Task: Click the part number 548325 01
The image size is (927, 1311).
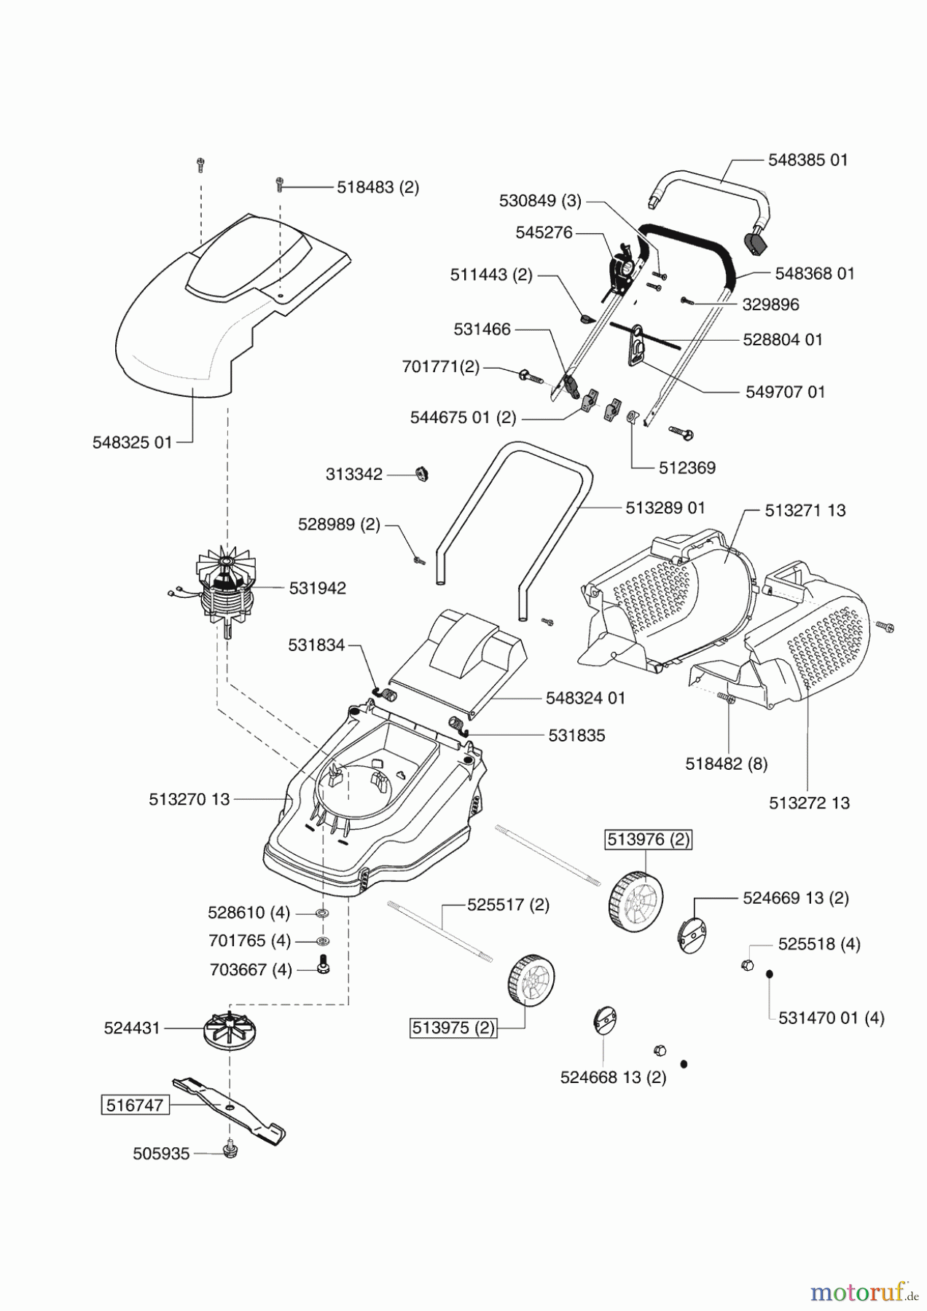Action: (133, 442)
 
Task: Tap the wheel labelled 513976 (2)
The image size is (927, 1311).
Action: (635, 897)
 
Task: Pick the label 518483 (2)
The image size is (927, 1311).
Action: (378, 187)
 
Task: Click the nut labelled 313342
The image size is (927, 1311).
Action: (422, 473)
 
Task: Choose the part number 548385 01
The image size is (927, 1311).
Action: (808, 160)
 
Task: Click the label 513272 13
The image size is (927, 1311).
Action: (810, 803)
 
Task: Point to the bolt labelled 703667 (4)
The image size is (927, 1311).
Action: (324, 964)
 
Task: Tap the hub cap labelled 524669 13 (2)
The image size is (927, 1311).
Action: (692, 935)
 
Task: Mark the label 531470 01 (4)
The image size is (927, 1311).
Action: (832, 1017)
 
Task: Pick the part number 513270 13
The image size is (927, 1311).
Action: (189, 799)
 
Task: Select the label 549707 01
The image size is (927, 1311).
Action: (786, 392)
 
